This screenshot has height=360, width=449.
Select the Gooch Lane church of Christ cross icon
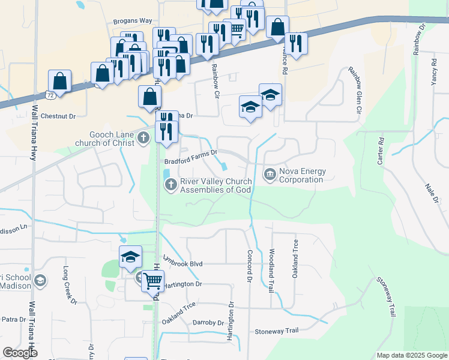click(x=143, y=139)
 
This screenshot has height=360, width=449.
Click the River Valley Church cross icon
click(x=171, y=184)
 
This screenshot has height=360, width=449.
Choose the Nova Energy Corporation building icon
click(x=270, y=175)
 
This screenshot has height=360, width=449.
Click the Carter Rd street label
click(x=379, y=151)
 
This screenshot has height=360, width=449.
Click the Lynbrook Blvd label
click(x=187, y=264)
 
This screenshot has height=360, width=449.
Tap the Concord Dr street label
click(x=249, y=266)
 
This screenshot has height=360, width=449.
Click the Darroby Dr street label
click(x=208, y=323)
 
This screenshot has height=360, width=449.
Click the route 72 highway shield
click(x=51, y=95)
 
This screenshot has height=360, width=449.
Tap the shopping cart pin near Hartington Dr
click(x=153, y=279)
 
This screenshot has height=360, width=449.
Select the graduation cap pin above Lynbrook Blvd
click(x=130, y=257)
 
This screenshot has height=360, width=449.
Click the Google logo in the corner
click(x=20, y=353)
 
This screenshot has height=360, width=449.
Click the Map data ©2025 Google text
click(x=411, y=355)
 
